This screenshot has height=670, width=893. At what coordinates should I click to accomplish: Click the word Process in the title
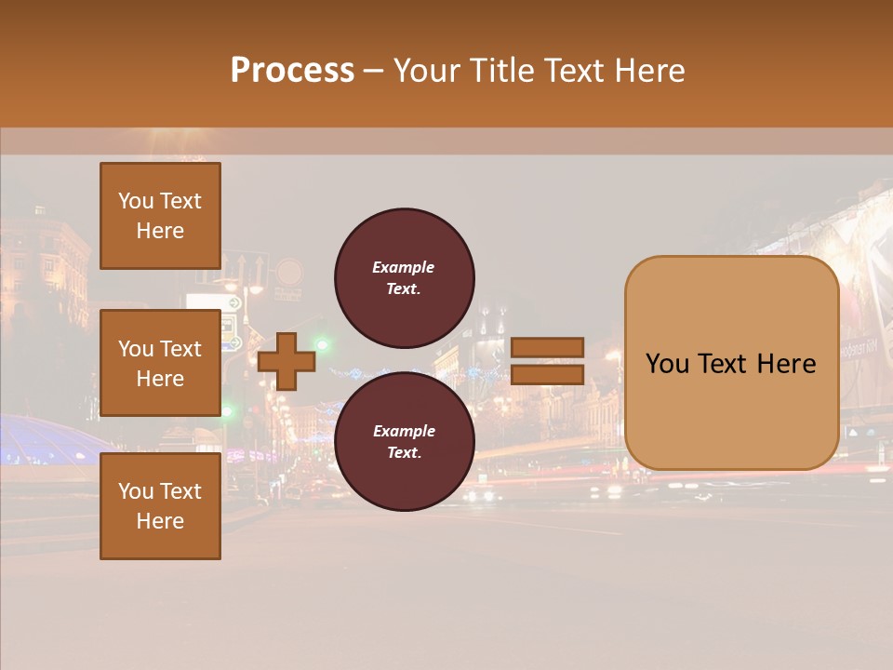pyautogui.click(x=292, y=71)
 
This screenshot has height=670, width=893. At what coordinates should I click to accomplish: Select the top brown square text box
pyautogui.click(x=160, y=216)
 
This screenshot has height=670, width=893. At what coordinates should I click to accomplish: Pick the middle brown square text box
pyautogui.click(x=160, y=363)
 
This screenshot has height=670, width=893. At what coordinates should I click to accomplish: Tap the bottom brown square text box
pyautogui.click(x=160, y=506)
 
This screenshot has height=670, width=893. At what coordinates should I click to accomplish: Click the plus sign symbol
pyautogui.click(x=287, y=362)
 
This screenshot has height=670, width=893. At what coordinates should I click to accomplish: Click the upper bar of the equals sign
pyautogui.click(x=547, y=347)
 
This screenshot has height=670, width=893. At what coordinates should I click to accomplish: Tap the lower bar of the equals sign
pyautogui.click(x=547, y=375)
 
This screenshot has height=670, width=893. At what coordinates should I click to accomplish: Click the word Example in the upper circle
pyautogui.click(x=404, y=267)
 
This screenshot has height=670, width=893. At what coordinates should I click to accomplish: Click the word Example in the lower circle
pyautogui.click(x=404, y=431)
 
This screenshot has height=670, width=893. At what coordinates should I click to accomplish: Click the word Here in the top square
pyautogui.click(x=160, y=231)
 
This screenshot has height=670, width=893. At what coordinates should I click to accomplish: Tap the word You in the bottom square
pyautogui.click(x=136, y=491)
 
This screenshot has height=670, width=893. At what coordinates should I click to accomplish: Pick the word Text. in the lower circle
pyautogui.click(x=404, y=453)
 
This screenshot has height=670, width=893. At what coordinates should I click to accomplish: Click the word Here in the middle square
pyautogui.click(x=160, y=379)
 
